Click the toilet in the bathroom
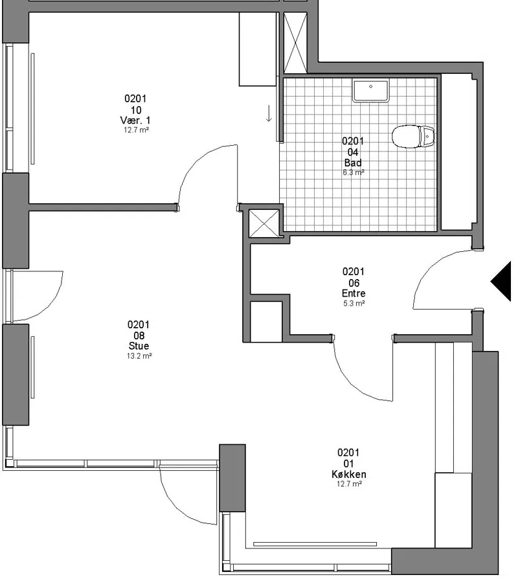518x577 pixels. tap(413, 137)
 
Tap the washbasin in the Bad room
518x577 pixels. tap(370, 91)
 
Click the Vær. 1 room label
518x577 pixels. tap(135, 120)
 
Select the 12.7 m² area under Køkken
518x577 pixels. tap(350, 484)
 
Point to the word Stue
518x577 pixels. tap(139, 346)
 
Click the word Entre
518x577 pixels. tap(354, 293)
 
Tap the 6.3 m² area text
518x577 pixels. tap(354, 172)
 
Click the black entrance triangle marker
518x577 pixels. tap(501, 281)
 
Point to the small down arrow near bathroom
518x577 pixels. tap(269, 113)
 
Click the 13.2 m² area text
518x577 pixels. tap(139, 356)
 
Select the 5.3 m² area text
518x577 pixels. tap(354, 303)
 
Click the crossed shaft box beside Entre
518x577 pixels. tap(264, 223)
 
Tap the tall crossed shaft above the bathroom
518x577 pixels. tap(295, 42)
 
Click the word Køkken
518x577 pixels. tap(349, 474)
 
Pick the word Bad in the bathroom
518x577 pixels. tap(353, 163)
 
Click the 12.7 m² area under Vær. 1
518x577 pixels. tap(136, 130)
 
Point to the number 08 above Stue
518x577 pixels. tap(139, 335)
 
